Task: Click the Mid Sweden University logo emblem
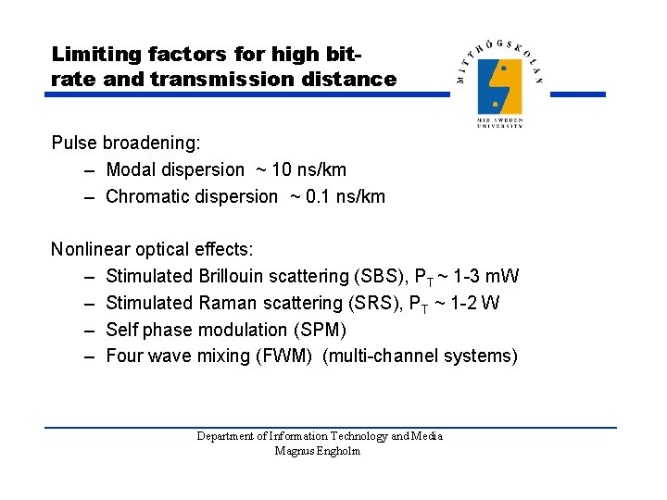pyautogui.click(x=499, y=85)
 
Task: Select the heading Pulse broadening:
pyautogui.click(x=126, y=144)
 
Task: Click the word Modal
pyautogui.click(x=132, y=169)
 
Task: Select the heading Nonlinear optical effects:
pyautogui.click(x=152, y=249)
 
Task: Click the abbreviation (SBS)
pyautogui.click(x=381, y=276)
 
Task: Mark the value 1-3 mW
pyautogui.click(x=486, y=276)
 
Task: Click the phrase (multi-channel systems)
pyautogui.click(x=420, y=356)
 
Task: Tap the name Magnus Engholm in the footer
pyautogui.click(x=319, y=451)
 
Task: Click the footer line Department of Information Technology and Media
pyautogui.click(x=320, y=436)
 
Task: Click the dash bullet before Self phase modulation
pyautogui.click(x=87, y=330)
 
